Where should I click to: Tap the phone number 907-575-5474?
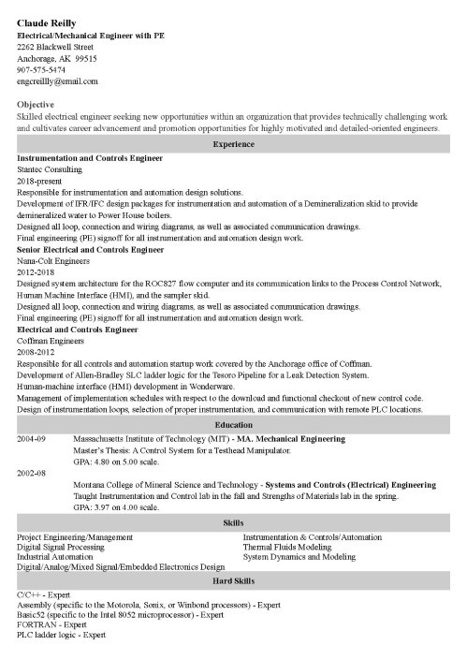41,69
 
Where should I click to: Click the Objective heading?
36,104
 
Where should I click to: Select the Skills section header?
233,522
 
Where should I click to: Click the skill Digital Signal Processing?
62,547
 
